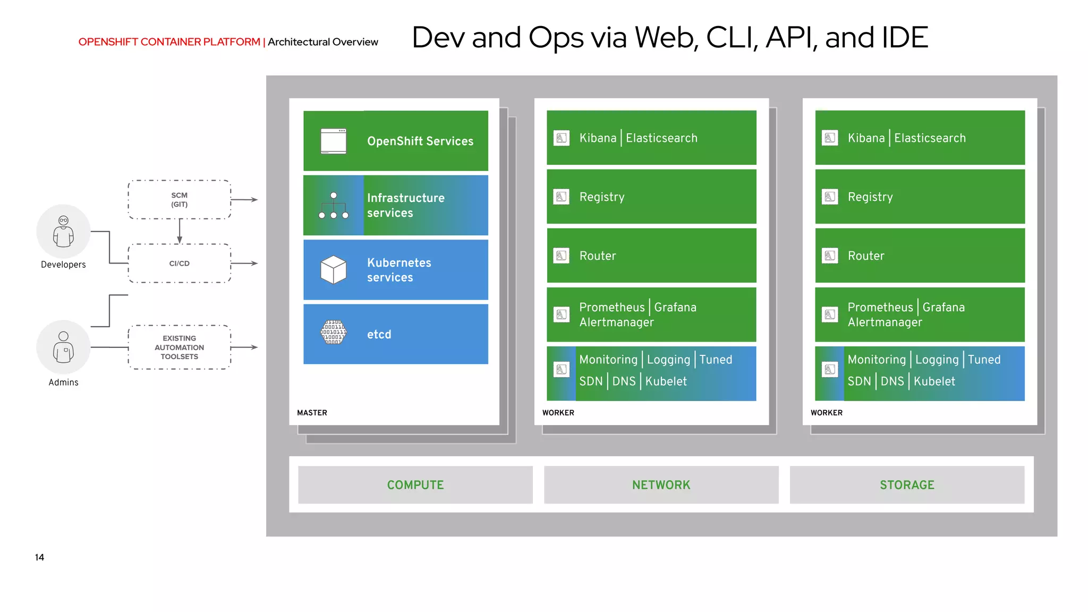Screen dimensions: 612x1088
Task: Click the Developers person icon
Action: pos(63,232)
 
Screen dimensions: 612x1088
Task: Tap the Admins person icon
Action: pos(63,347)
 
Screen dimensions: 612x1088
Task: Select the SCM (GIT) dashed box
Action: pos(180,200)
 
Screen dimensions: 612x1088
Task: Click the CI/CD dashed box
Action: pos(180,263)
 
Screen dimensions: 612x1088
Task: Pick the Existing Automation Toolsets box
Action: pos(180,347)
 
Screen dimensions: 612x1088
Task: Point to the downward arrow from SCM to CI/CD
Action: pos(180,232)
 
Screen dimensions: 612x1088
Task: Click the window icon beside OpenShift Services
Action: pos(334,141)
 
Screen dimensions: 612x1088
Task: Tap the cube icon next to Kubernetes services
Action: pos(334,270)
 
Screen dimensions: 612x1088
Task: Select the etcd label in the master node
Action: pos(379,335)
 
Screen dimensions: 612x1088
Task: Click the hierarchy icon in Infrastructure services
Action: pos(334,206)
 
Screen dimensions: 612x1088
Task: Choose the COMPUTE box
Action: pos(415,485)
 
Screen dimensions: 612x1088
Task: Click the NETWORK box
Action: pos(661,485)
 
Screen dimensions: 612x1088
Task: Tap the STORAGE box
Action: pos(907,485)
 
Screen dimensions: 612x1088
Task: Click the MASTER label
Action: pos(312,413)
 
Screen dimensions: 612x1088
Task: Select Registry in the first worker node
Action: pos(602,197)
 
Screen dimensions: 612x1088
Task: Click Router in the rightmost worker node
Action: pos(866,256)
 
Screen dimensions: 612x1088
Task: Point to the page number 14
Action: pos(39,557)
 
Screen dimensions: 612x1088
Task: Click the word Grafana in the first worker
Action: pos(675,308)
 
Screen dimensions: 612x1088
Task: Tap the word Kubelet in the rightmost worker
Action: pos(934,381)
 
